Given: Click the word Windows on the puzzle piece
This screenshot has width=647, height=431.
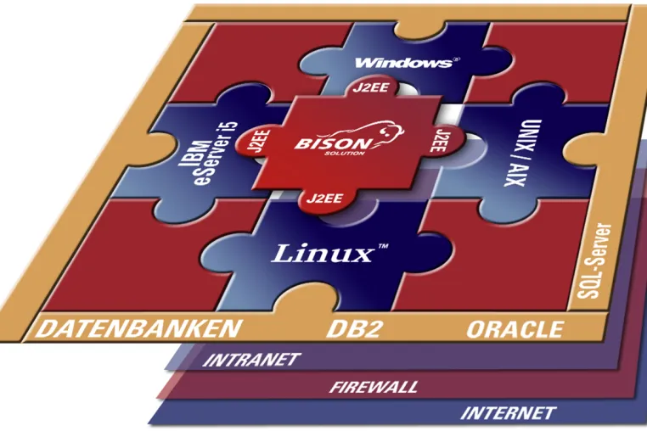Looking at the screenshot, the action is [403, 63].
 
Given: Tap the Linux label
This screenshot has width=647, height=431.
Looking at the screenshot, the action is [322, 253].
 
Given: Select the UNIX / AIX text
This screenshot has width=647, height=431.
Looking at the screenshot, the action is [522, 153].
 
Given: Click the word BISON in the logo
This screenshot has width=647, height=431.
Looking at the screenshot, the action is [332, 143].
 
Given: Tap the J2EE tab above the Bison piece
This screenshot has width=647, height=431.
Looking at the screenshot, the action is [369, 87].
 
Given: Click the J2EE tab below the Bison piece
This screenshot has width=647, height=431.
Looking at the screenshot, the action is [324, 199].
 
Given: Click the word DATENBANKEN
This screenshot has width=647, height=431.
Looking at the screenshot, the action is [138, 328].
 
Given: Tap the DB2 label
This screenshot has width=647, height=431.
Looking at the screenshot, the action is [354, 329].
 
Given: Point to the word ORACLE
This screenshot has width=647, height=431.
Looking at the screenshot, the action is [515, 329].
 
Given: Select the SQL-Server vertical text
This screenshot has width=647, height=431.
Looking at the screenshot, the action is [594, 261].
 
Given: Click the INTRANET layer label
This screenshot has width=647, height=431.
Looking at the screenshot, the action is [251, 360].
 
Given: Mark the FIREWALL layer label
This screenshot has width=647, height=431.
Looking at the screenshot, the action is [374, 387].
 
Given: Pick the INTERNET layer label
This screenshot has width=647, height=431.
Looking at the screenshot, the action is [508, 413].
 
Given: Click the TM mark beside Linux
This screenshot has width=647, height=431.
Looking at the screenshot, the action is [383, 246].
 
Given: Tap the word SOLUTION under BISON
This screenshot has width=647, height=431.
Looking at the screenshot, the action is [339, 154].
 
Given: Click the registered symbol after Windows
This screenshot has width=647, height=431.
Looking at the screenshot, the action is [456, 59].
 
